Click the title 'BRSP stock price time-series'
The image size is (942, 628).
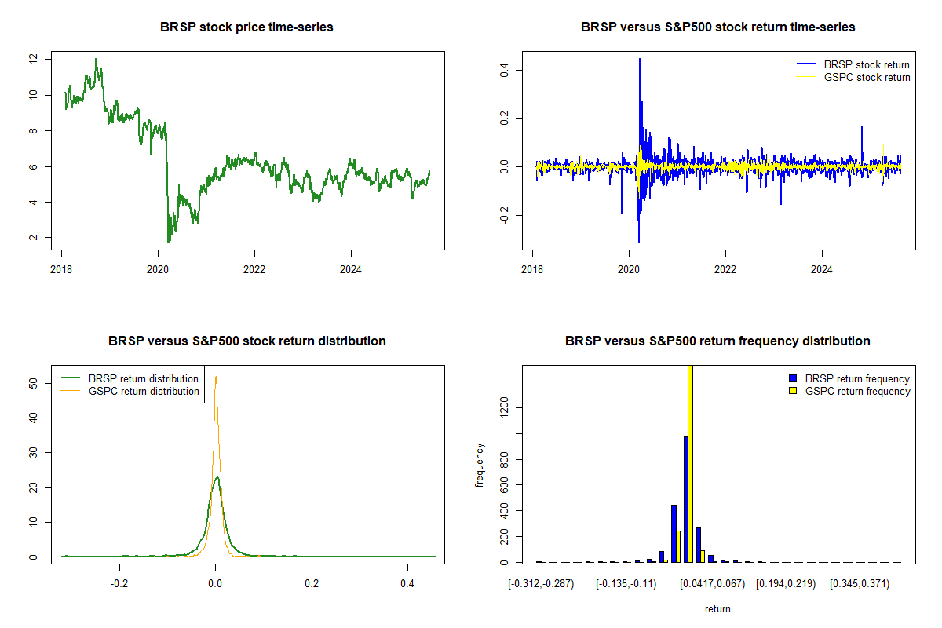point(246,27)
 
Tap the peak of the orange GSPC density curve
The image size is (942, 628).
point(216,377)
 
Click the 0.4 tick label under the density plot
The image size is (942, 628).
point(407,584)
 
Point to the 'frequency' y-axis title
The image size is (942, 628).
point(480,466)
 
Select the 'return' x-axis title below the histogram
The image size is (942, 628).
point(717,608)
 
